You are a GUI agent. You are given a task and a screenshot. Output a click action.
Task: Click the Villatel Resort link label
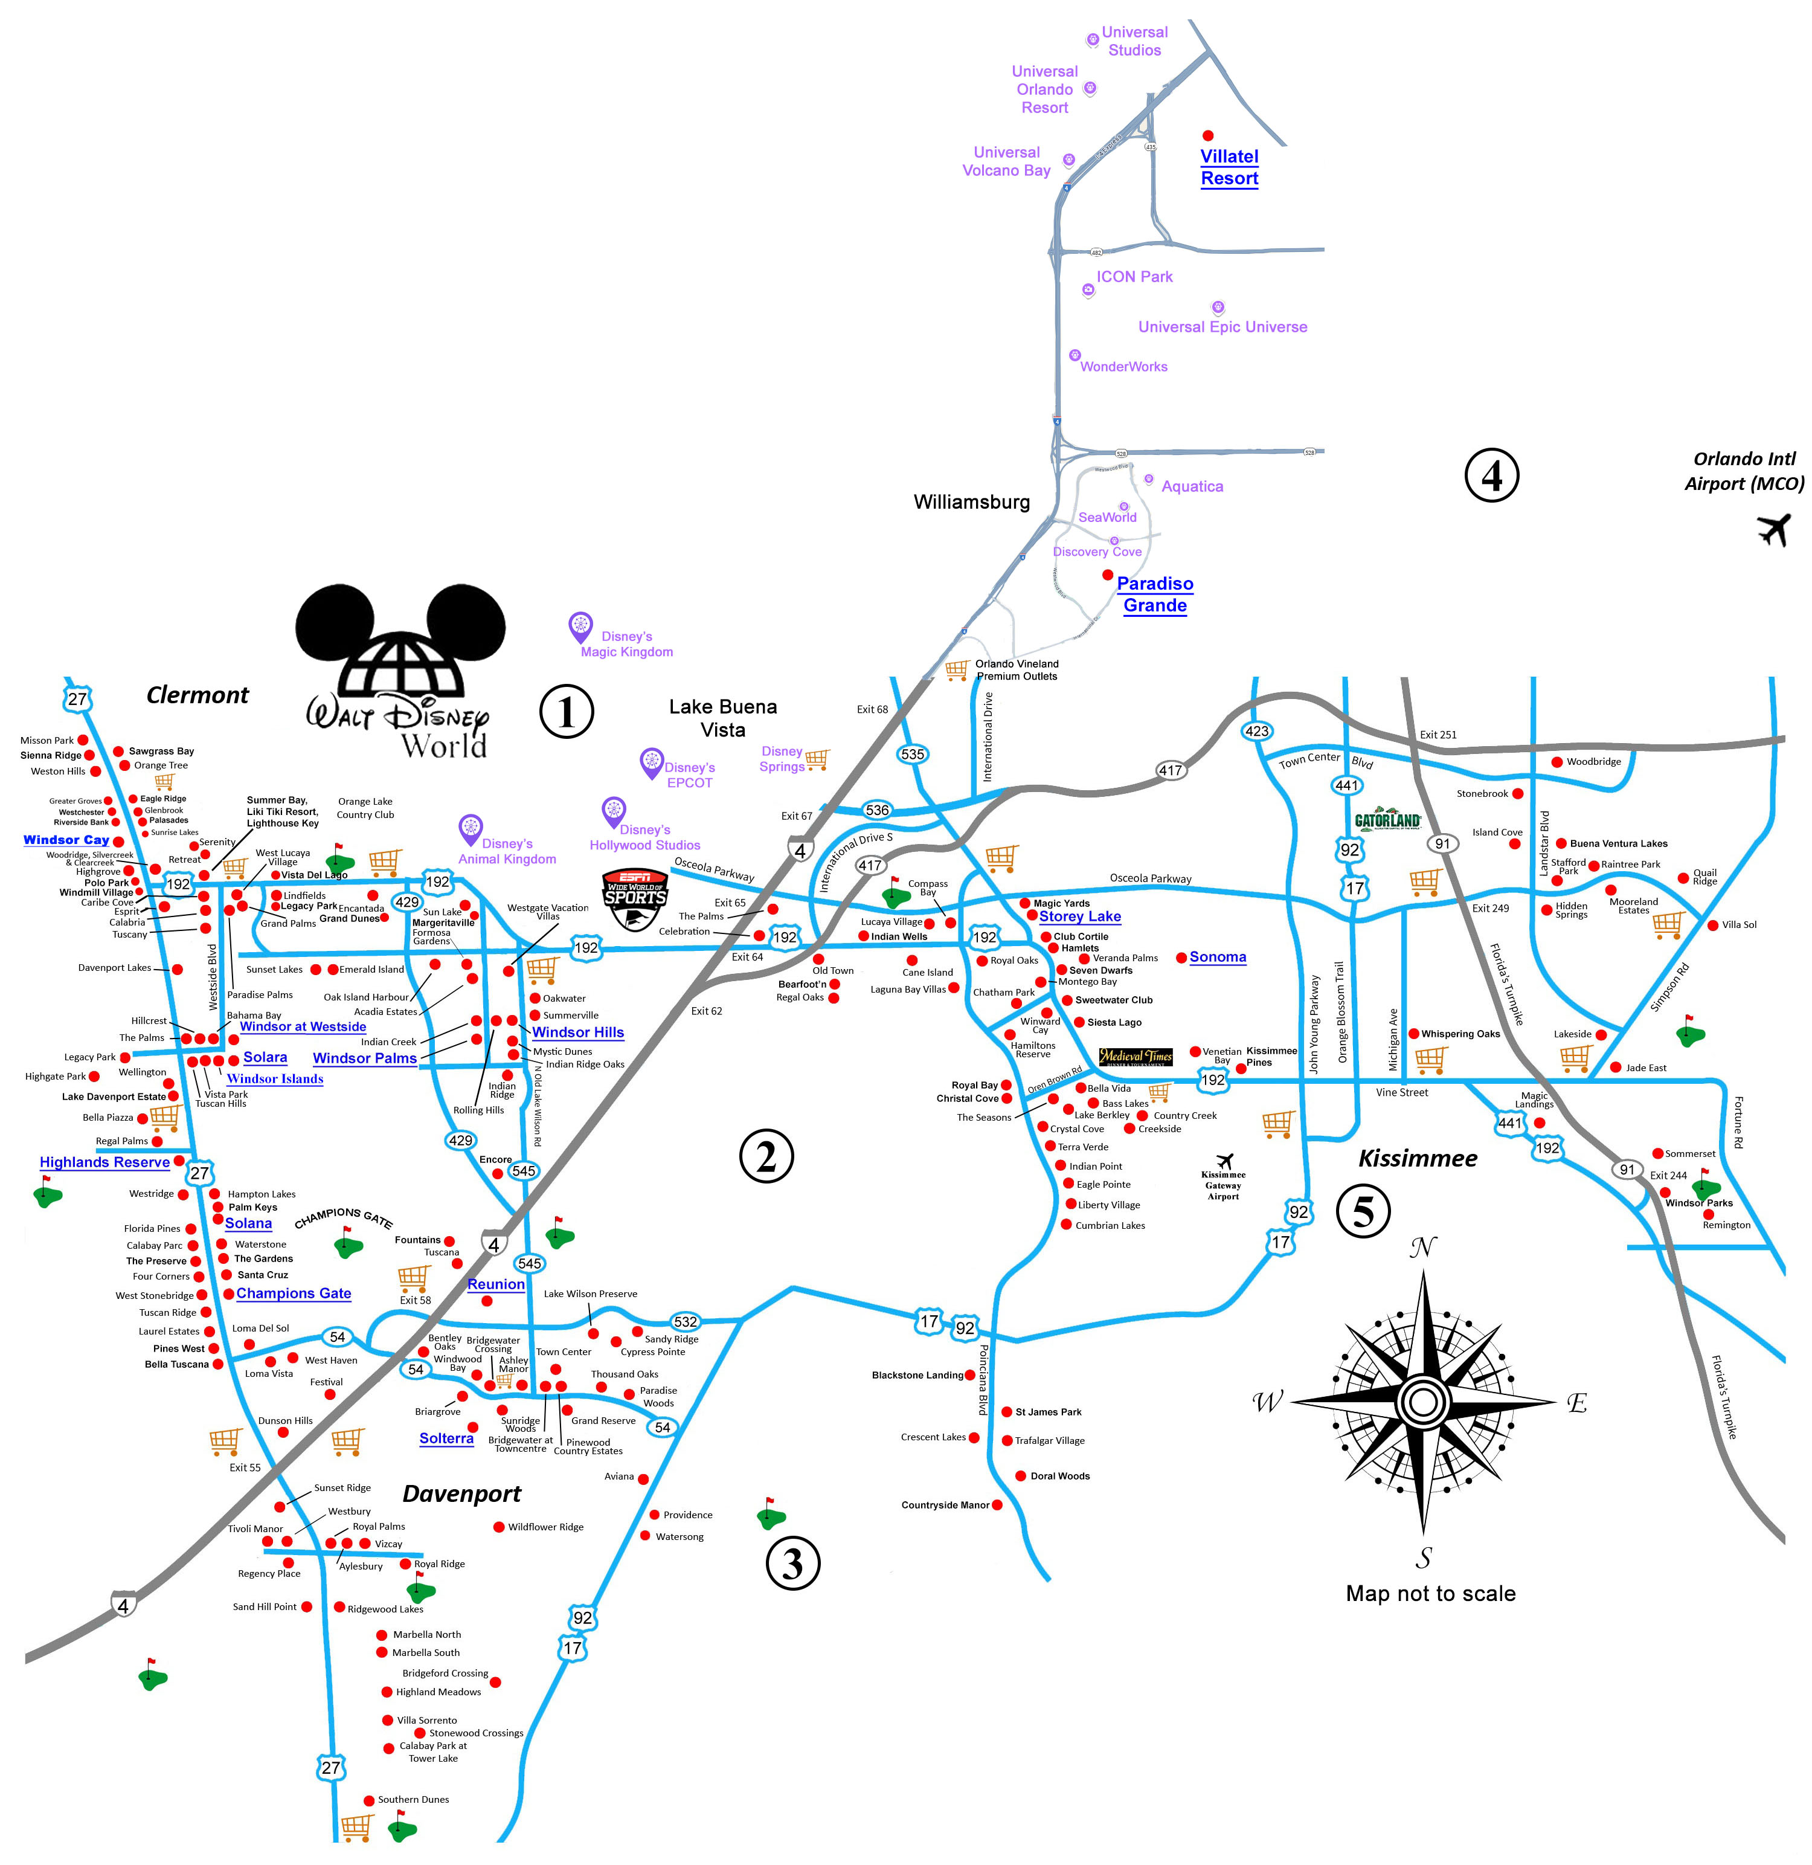(1229, 167)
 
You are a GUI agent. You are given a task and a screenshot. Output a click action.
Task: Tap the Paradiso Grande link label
(1154, 594)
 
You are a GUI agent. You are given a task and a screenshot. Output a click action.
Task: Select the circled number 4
(1491, 475)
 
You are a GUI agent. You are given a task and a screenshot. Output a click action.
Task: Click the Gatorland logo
(1387, 820)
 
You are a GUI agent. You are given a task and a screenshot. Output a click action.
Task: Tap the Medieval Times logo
(1136, 1057)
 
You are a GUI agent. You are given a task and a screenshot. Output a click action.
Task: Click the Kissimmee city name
(1417, 1159)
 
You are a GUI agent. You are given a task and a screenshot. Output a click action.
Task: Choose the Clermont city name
(197, 695)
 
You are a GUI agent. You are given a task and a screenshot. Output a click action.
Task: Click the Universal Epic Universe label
(1222, 327)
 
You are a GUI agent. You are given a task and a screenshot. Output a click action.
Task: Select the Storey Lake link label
(1079, 916)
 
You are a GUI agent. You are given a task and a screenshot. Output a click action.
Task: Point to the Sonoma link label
(1217, 957)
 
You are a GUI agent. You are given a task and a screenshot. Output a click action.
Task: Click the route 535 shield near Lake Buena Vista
(911, 754)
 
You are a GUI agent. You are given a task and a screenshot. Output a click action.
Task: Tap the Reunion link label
(496, 1284)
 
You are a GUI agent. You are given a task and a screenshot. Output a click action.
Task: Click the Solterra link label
(446, 1438)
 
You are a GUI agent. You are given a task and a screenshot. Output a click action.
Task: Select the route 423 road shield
(1256, 731)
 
